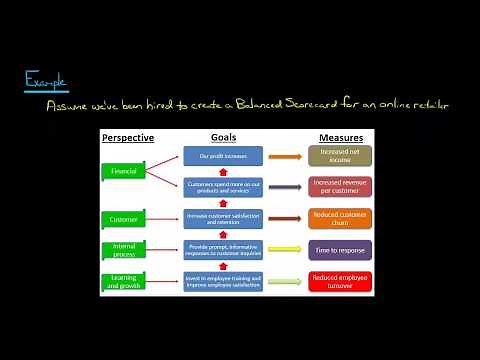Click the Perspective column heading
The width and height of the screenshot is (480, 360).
point(128,137)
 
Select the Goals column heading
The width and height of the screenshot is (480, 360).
point(223,137)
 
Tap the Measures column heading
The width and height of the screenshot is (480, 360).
point(340,137)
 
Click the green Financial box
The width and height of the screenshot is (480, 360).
point(128,171)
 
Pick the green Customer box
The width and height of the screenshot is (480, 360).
point(128,218)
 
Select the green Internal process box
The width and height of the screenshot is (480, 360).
point(128,249)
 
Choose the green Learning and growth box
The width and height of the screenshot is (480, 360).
point(128,281)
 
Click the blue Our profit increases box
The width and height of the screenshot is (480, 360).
point(223,156)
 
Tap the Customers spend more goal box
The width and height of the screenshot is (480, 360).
point(223,187)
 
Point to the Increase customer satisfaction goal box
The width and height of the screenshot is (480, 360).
point(223,218)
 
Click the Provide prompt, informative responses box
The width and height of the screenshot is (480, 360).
point(223,249)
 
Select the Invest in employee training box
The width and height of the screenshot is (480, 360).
point(223,281)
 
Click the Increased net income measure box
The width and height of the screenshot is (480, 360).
point(340,156)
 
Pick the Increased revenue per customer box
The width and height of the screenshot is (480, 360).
point(340,187)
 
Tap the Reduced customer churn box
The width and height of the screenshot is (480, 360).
point(340,218)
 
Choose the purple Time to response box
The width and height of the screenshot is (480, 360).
point(340,249)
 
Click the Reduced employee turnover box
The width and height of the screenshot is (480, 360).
point(340,281)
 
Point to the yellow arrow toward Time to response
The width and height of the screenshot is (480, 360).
point(285,249)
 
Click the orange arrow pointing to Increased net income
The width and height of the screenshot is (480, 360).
point(285,156)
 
